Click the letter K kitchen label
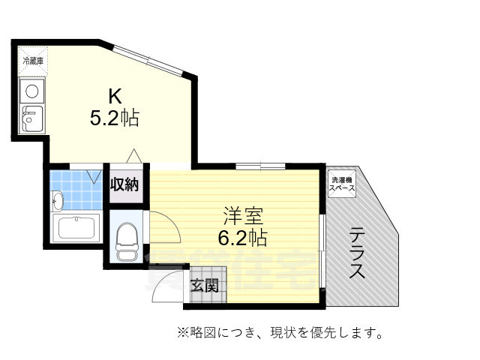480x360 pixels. [x=114, y=95]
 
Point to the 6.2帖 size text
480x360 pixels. [x=242, y=239]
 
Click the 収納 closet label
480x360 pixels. [x=125, y=184]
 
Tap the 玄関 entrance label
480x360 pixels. [x=203, y=285]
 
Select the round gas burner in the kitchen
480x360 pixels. [x=32, y=91]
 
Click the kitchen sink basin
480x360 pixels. [x=32, y=118]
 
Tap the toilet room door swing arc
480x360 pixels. [x=165, y=224]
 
